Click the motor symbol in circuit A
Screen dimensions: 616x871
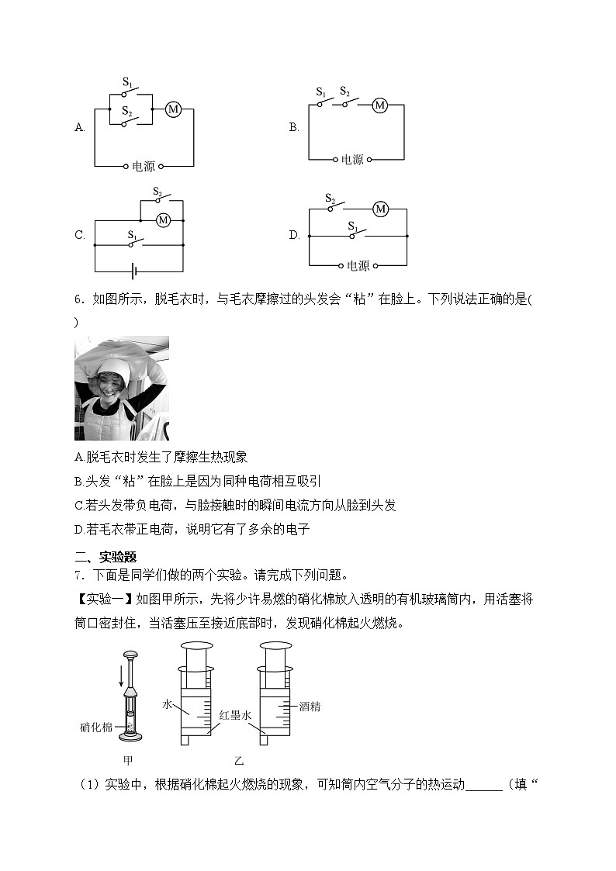[173, 109]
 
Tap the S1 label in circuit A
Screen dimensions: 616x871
[129, 81]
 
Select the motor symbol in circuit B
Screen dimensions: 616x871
[379, 105]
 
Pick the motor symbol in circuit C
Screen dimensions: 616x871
[163, 220]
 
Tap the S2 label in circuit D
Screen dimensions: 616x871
[330, 197]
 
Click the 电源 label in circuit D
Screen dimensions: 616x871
[358, 265]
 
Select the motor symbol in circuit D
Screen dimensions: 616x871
[380, 209]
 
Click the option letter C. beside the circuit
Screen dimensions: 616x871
[79, 236]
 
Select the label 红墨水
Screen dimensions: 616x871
[234, 715]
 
